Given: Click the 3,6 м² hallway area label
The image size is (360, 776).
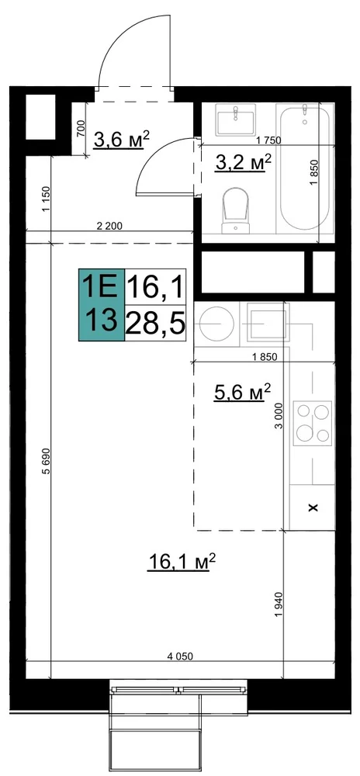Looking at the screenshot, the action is pos(122,140).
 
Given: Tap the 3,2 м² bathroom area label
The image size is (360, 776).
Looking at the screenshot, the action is pos(244,162).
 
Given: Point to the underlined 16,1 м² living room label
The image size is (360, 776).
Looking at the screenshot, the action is pos(183,562).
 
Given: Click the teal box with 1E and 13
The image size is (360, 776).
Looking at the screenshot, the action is pos(102,305).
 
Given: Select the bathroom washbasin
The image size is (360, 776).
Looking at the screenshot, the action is pos(236,120).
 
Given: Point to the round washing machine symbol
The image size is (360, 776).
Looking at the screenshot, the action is pos(216,324).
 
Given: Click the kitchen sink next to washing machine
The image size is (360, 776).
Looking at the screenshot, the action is pos(267,324).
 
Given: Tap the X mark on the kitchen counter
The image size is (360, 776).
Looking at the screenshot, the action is pos(312,508).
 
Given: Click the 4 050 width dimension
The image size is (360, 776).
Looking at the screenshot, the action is pos(179,656).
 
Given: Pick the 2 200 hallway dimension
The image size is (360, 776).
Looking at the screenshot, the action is pos(109,226).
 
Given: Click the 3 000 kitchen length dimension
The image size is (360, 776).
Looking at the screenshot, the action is pos(278,416).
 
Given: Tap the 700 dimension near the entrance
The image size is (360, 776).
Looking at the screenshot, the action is pos(81,130).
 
